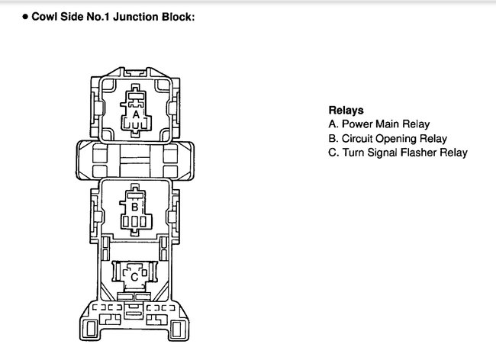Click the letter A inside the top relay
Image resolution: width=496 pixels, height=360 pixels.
(136, 114)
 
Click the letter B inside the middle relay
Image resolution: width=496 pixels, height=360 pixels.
(134, 206)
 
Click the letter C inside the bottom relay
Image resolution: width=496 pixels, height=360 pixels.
(134, 276)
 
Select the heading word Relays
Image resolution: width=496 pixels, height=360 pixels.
(346, 109)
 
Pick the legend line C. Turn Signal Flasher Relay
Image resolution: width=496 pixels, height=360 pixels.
(398, 153)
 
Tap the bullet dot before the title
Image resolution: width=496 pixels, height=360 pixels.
(25, 15)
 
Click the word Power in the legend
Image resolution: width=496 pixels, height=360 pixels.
(356, 124)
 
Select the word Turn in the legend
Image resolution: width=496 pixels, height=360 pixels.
(353, 153)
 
